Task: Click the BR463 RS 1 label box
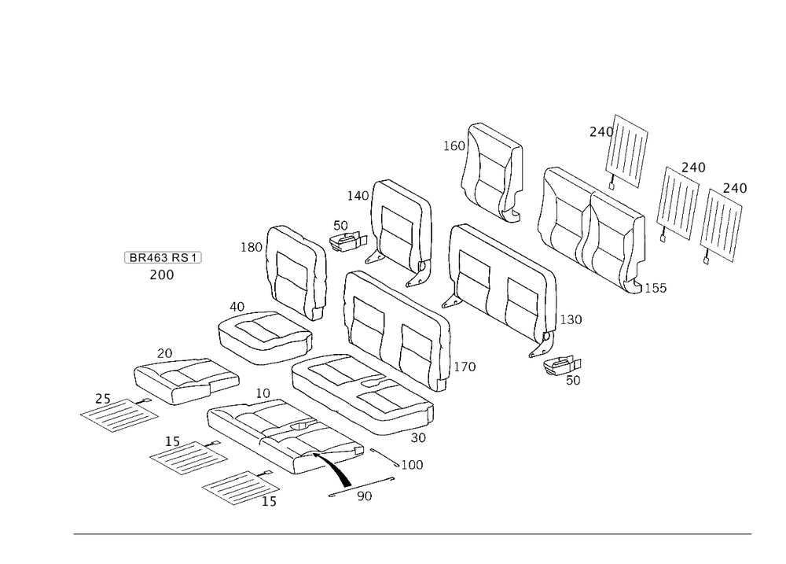pos(163,257)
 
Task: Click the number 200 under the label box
pos(162,275)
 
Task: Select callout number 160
pos(454,146)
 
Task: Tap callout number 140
pos(358,196)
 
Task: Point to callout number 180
pos(252,247)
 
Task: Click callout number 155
pos(656,288)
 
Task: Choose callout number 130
pos(571,319)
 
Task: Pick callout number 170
pos(465,367)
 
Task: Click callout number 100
pos(412,465)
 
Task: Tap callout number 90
pos(365,496)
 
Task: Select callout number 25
pos(103,399)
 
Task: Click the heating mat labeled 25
pos(119,415)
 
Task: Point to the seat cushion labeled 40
pos(265,337)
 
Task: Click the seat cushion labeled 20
pos(186,381)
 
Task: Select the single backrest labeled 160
pos(493,172)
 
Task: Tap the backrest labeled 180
pos(296,272)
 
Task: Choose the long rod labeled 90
pos(362,487)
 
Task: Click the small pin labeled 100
pos(385,458)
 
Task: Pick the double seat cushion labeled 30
pos(362,394)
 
